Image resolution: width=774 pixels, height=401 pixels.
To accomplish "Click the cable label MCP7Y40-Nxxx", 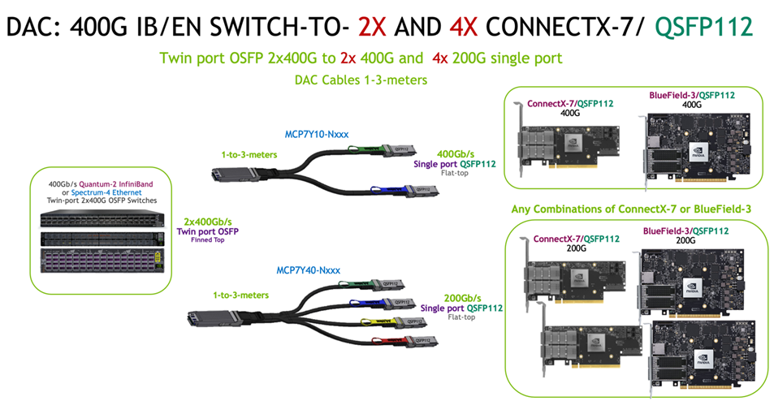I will coord(305,269).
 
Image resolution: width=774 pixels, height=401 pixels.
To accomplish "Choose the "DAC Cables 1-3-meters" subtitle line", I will coord(361,80).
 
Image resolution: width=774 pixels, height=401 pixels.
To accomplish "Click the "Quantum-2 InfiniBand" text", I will coord(123,183).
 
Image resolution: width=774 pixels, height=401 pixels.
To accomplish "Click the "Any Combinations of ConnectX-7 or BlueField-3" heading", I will coord(630,209).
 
